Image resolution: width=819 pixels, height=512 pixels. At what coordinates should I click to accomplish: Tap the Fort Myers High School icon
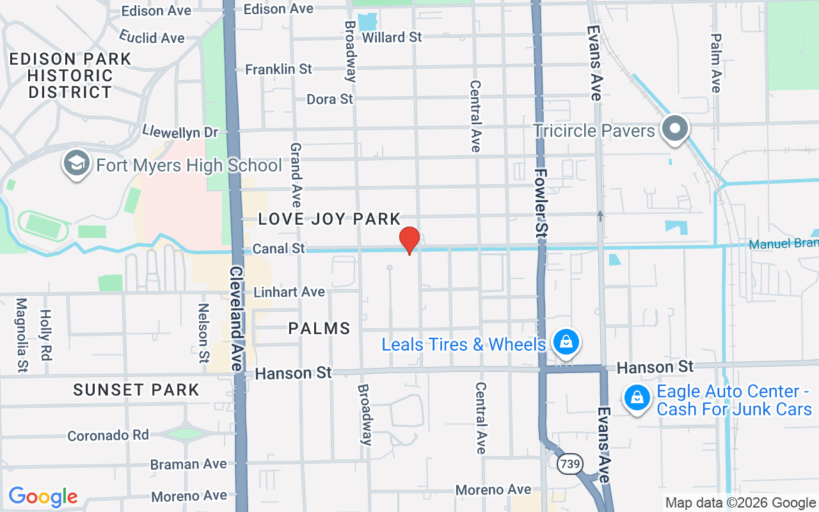(x=77, y=164)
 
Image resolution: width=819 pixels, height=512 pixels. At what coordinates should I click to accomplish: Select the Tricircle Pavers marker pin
(x=674, y=129)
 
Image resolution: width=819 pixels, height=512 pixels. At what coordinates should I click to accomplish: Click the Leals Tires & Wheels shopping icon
(x=566, y=342)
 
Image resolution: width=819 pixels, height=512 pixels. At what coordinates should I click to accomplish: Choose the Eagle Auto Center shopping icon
(x=637, y=398)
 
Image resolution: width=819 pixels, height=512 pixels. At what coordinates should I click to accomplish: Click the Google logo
(x=43, y=497)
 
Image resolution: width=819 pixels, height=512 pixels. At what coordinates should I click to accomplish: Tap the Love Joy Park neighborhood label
(x=329, y=220)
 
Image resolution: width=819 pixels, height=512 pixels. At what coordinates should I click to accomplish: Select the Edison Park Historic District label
(x=70, y=76)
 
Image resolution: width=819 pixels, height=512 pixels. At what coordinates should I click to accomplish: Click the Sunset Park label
(x=136, y=390)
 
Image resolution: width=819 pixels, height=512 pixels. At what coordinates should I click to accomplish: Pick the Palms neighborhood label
(x=319, y=329)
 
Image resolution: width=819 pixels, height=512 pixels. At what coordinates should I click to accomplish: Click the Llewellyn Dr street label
(x=180, y=132)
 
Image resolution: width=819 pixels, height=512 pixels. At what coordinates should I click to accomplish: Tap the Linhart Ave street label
(x=289, y=292)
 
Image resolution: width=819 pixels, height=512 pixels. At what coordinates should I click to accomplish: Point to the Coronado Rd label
(x=108, y=435)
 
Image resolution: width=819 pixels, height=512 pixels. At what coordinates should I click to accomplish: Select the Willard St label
(x=392, y=37)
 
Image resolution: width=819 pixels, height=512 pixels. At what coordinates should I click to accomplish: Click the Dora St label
(x=330, y=99)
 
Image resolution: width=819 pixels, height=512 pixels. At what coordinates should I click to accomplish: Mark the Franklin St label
(x=278, y=68)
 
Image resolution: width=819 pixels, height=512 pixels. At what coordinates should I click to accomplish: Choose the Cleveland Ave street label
(x=236, y=318)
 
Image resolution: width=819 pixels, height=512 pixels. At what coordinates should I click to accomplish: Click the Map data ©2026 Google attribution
(x=740, y=503)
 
